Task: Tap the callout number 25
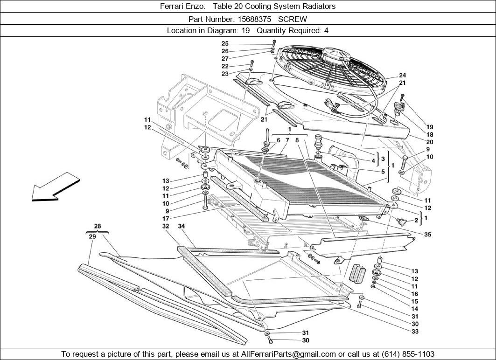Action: [225, 44]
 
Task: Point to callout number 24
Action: [402, 76]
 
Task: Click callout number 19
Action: [429, 127]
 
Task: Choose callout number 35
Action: [427, 235]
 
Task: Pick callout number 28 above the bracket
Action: [97, 227]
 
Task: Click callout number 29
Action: [92, 236]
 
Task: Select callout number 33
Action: [415, 332]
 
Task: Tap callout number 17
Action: [166, 219]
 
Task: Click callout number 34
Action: [182, 227]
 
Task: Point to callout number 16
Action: [415, 294]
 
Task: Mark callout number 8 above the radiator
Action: [297, 140]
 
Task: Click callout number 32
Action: [166, 227]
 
